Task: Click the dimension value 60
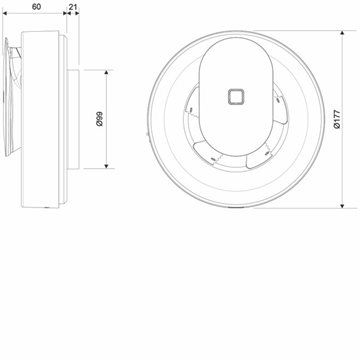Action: pos(36,6)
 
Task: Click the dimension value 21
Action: pos(73,6)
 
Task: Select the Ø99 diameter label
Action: pos(99,119)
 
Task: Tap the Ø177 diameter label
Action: pos(337,119)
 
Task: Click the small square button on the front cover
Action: pos(236,97)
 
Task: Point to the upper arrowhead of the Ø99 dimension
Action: pos(106,73)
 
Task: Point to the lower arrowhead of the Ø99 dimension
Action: pos(106,165)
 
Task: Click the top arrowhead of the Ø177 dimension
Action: pos(342,34)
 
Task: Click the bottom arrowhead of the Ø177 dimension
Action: pos(342,205)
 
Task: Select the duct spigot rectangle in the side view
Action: pos(73,119)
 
